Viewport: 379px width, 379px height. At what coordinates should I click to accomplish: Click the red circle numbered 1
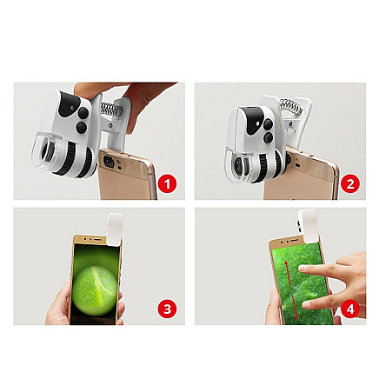pos(168,183)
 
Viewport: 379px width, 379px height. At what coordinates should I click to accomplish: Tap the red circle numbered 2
pos(349,183)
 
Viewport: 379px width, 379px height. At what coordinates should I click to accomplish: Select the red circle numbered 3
pos(168,309)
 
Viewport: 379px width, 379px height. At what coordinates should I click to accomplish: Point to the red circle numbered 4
pos(349,309)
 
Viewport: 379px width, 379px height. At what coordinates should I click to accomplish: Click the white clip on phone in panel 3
pos(115,225)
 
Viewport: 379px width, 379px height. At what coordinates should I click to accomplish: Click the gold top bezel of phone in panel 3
pos(89,238)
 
